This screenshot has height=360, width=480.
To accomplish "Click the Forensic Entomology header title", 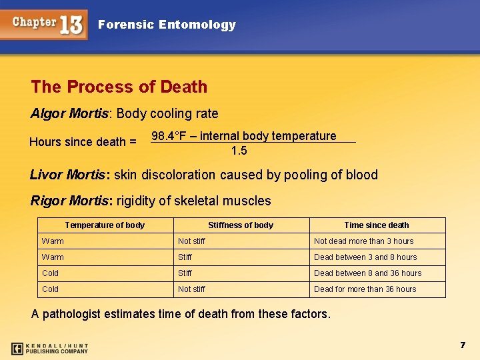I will (167, 25).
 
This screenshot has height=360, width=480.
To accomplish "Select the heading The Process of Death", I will (119, 87).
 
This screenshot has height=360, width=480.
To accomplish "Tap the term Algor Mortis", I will (69, 113).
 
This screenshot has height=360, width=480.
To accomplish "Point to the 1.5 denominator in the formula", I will (239, 151).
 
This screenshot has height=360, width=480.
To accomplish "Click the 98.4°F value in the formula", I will (167, 136).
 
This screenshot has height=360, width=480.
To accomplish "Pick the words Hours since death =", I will (83, 142).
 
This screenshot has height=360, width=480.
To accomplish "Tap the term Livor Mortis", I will (68, 175).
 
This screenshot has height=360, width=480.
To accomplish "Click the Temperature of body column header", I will (105, 225).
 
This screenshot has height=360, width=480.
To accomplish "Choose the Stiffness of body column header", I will (241, 225).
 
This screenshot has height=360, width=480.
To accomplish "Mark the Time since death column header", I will (377, 225).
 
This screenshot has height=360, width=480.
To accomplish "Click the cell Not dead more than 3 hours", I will (363, 241).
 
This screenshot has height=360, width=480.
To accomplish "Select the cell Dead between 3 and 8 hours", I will (365, 257).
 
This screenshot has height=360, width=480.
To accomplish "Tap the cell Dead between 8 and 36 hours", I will (367, 273).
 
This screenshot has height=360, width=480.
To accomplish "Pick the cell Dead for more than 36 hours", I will (365, 289).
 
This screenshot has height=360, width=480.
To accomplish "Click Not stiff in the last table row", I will (191, 289).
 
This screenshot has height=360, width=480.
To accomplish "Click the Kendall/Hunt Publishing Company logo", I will (49, 348).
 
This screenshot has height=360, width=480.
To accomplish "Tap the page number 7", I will (462, 345).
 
